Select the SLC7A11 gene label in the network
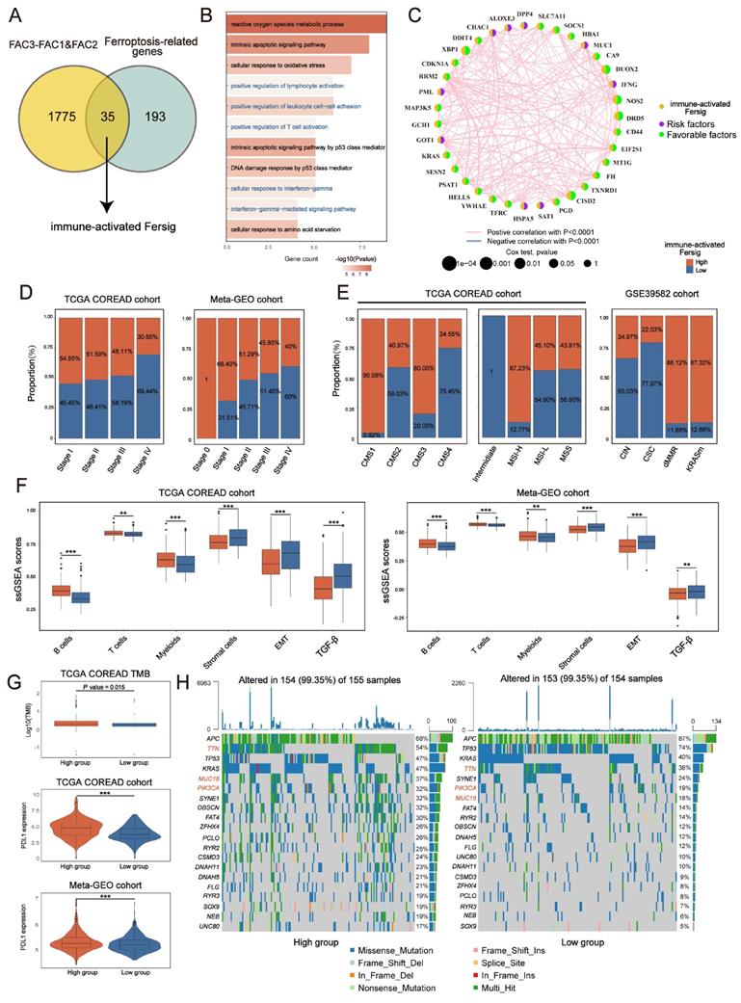557,16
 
